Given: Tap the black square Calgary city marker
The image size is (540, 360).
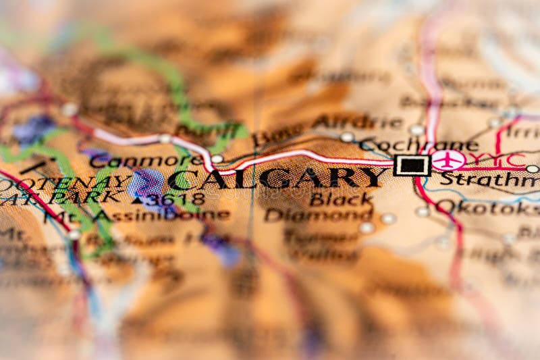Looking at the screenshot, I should pyautogui.click(x=412, y=164).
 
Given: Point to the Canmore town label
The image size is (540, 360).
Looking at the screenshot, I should pyautogui.click(x=145, y=161).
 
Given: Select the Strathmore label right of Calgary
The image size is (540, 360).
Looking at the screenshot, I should pyautogui.click(x=489, y=180).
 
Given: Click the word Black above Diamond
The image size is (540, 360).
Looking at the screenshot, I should pyautogui.click(x=341, y=199).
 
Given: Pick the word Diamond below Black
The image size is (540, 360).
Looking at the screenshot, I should pyautogui.click(x=319, y=215).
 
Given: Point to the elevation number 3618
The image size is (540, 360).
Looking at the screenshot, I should pyautogui.click(x=177, y=199).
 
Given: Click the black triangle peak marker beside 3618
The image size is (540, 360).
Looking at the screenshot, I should pyautogui.click(x=138, y=200).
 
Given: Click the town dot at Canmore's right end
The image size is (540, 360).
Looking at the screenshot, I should pyautogui.click(x=217, y=159).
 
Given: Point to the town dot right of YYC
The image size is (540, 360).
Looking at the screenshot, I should pyautogui.click(x=533, y=169).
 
